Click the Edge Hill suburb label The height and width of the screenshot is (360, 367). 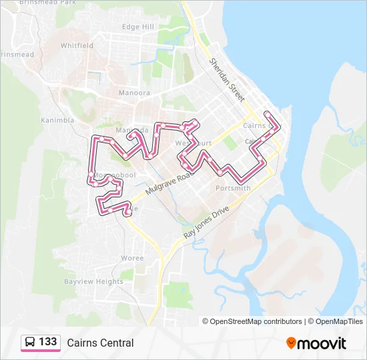138,27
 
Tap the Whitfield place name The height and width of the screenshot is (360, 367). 77,46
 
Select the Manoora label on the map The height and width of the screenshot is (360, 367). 134,93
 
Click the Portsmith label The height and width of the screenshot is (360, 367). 233,189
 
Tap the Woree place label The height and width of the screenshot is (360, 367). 131,258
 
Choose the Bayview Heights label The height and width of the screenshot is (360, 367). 93,282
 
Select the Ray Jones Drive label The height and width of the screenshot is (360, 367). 206,223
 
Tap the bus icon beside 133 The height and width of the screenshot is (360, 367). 31,343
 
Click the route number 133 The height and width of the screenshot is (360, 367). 48,342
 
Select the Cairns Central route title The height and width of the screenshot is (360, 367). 100,343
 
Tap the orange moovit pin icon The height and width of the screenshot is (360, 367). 292,343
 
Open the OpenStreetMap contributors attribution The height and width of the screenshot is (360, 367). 256,321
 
